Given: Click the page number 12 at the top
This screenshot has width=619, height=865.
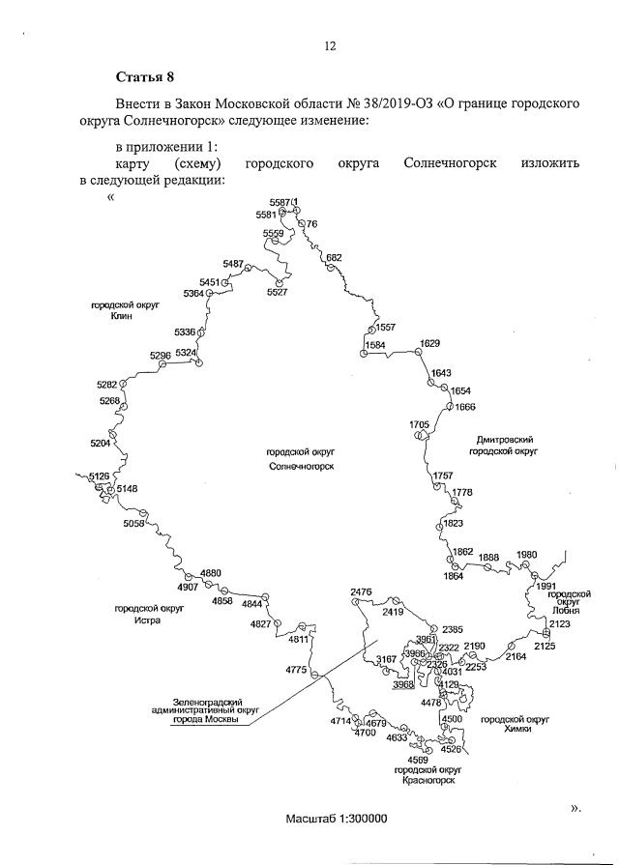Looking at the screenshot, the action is coord(329,45).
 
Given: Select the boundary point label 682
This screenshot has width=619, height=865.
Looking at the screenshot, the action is coord(334,257).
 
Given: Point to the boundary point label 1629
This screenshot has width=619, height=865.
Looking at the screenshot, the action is coord(430,344).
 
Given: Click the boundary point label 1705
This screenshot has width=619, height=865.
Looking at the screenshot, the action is coord(419,424).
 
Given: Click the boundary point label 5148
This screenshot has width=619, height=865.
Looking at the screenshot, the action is coord(128,489).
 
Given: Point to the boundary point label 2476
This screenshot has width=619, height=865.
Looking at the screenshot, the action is coord(361,591).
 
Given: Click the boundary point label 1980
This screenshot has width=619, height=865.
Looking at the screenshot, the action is coord(526,555).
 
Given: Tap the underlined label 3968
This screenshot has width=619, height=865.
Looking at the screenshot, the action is coord(403,685).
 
